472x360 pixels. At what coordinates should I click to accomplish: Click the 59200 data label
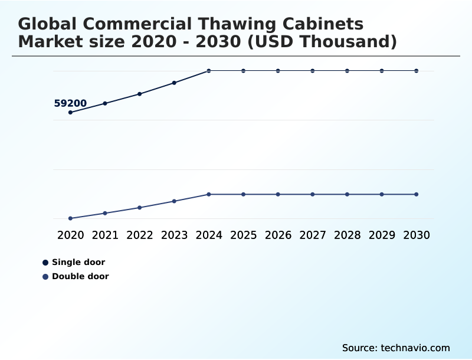coord(70,104)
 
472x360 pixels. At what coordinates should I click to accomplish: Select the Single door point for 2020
coord(71,112)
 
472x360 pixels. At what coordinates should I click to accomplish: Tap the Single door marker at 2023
coord(174,83)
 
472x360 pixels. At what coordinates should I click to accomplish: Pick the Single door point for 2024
coord(209,71)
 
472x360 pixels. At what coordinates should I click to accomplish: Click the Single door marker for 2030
coord(417,71)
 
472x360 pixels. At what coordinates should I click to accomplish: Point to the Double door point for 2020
coord(71,218)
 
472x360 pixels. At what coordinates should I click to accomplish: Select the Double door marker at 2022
coord(140,208)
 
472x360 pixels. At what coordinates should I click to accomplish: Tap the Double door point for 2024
coord(209,194)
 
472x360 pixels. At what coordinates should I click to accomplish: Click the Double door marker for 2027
coord(313,194)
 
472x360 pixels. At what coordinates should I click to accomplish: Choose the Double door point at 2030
coord(417,194)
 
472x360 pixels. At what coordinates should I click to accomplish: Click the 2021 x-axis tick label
coord(105,235)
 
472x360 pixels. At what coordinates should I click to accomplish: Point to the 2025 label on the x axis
coord(243,235)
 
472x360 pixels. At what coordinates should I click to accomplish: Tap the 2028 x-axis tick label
coord(347,235)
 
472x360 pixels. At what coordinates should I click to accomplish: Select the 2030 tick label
coord(417,235)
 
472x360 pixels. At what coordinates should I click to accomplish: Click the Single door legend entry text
coord(78,263)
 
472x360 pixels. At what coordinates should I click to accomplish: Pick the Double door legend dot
coord(45,277)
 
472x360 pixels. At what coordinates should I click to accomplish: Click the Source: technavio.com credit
coord(396,348)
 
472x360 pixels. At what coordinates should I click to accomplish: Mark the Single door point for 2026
coord(278,71)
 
